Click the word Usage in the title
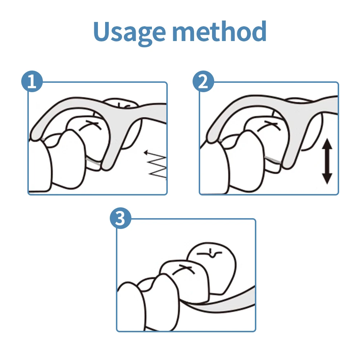[129, 32]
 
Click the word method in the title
[219, 31]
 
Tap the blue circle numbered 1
[32, 81]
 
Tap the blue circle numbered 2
[203, 81]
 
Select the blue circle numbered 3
[121, 218]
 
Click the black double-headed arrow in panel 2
[327, 161]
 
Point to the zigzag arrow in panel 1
[156, 163]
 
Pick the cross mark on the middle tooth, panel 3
[184, 269]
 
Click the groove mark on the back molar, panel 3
[210, 253]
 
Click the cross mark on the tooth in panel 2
[269, 126]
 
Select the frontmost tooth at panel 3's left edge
[131, 306]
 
